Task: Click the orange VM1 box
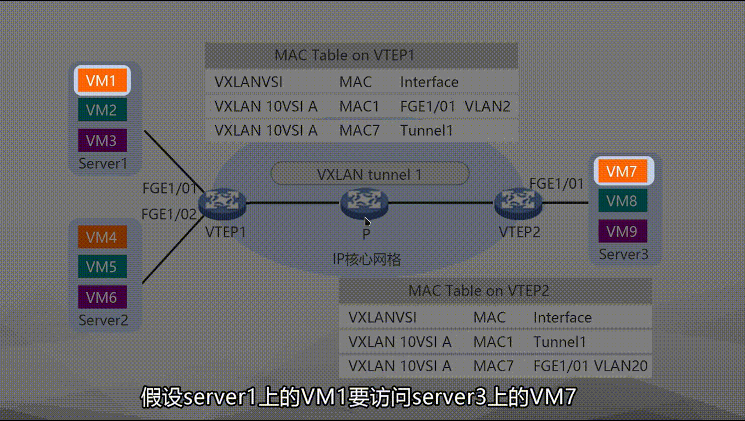coord(102,80)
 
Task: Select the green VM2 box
coord(102,110)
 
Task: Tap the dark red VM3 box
coord(102,140)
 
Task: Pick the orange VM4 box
coord(102,237)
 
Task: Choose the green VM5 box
coord(102,266)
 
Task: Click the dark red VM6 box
coord(102,297)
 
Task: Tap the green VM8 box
coord(622,201)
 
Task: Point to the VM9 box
coord(622,231)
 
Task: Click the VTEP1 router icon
coord(222,203)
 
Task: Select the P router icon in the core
coord(364,203)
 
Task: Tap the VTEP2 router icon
coord(518,203)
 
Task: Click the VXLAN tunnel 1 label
coord(370,174)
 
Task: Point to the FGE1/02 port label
coord(169,214)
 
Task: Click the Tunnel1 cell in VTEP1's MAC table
coord(426,130)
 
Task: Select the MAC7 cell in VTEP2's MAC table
coord(493,366)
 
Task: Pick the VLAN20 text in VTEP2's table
coord(621,366)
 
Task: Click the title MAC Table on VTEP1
coord(345,55)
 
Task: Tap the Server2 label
coord(103,320)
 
